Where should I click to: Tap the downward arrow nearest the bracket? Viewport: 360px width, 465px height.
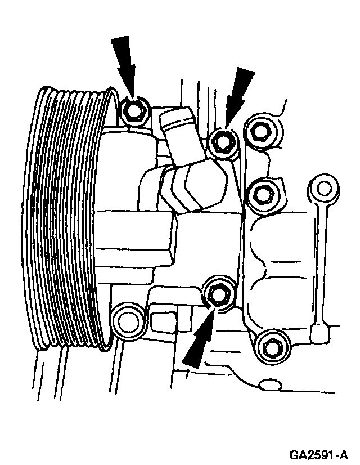pyautogui.click(x=238, y=94)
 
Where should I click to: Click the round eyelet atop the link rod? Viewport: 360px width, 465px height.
pyautogui.click(x=322, y=188)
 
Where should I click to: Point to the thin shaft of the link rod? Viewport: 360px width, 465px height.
pyautogui.click(x=321, y=259)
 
